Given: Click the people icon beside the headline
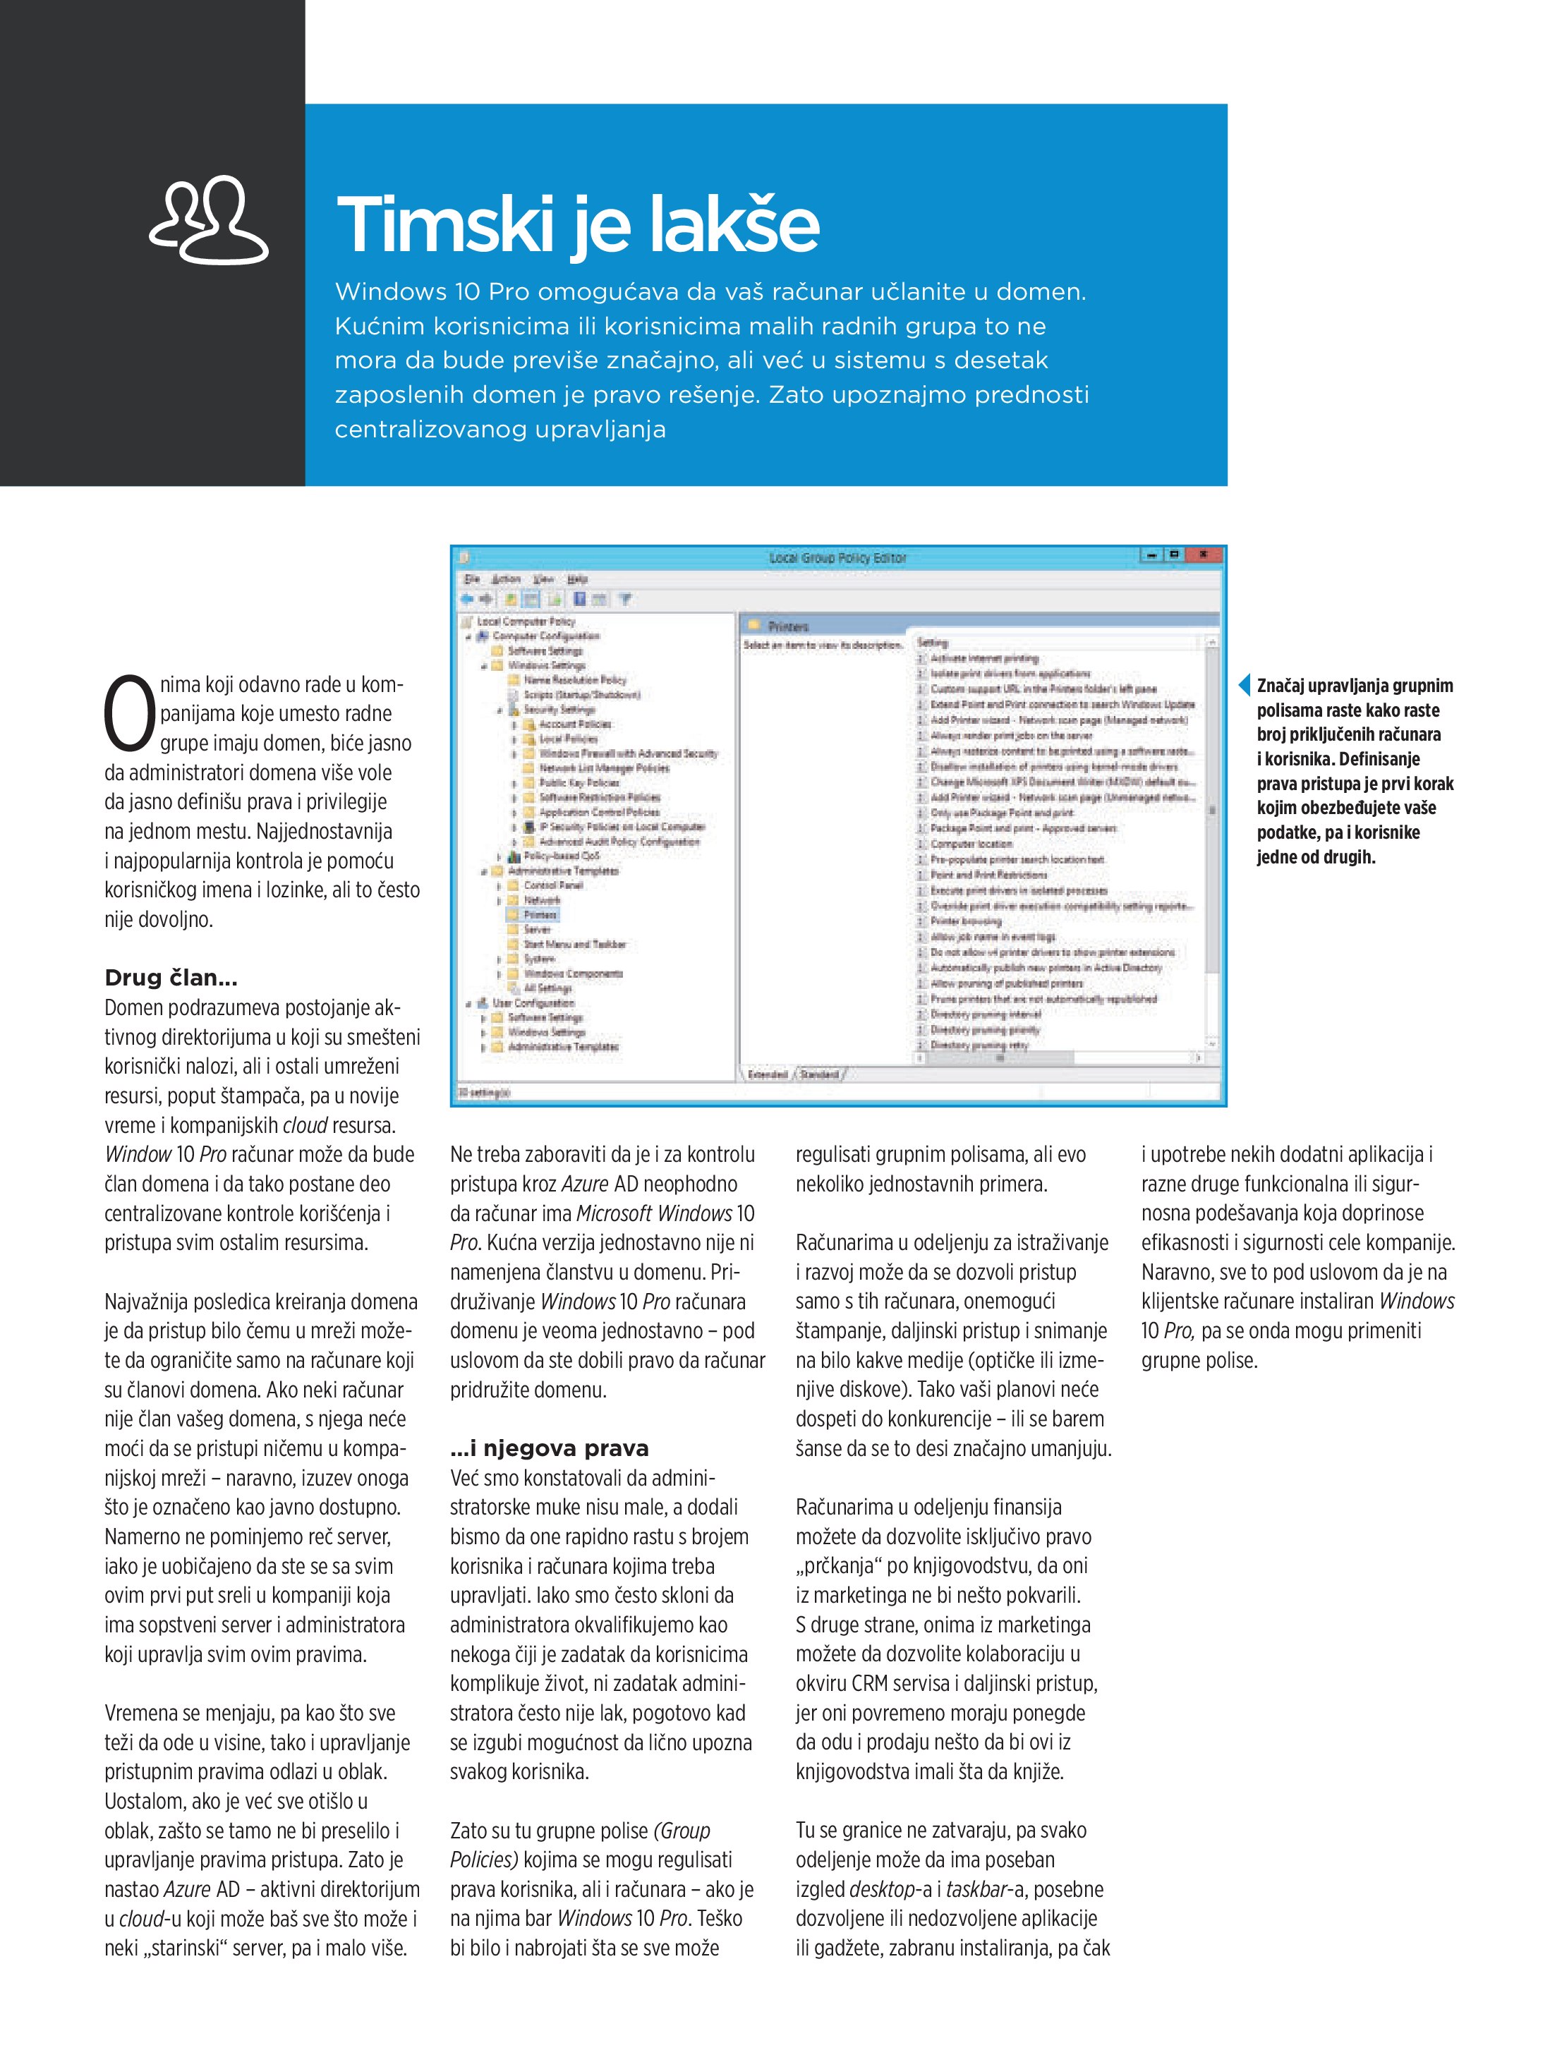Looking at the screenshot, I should (x=209, y=220).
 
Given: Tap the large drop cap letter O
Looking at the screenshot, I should (x=128, y=715).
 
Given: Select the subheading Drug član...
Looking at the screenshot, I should (x=171, y=978).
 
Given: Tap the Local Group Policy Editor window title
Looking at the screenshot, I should (x=837, y=557).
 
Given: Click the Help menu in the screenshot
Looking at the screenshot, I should (x=577, y=579).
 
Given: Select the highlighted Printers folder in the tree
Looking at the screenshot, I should (x=540, y=914).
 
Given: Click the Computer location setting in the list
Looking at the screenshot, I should (x=971, y=844).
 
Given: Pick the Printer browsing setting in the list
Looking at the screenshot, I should (x=965, y=921).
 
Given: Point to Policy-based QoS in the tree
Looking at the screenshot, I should (x=562, y=856).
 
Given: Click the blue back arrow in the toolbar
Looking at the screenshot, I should (x=467, y=600).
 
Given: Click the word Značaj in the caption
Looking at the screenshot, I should (x=1283, y=686).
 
